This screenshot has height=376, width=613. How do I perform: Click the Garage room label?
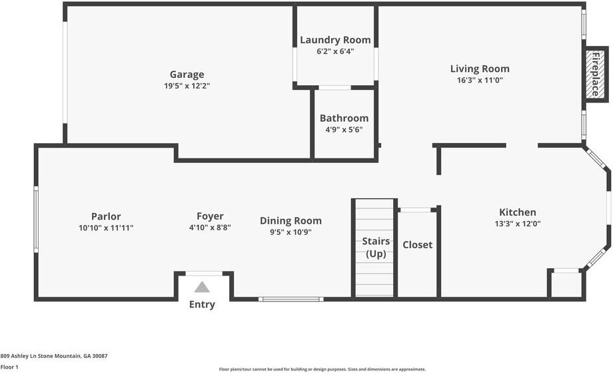pos(187,75)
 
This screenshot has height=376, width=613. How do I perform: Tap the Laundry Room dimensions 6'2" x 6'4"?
pos(335,51)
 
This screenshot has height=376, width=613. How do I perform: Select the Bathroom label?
pos(344,118)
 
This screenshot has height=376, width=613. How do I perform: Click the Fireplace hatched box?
pos(596,74)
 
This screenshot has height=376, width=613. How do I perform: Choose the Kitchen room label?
pos(518,212)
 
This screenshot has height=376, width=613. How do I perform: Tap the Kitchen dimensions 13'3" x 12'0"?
pos(518,224)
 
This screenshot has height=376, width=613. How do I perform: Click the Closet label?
pos(418,245)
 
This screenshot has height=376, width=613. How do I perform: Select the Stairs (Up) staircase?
pos(374,248)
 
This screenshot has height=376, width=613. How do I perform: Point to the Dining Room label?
pos(291,221)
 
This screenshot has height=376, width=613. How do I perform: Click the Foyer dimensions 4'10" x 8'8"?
pos(210,227)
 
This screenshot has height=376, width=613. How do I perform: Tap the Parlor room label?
pos(106,216)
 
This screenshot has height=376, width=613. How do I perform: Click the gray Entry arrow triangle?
pos(202,287)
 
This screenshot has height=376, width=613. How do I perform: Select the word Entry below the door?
pos(202,304)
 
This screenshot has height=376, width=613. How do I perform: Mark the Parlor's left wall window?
pos(36,219)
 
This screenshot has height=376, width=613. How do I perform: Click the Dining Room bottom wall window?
pos(291,299)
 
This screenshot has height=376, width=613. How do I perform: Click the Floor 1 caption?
pos(9,367)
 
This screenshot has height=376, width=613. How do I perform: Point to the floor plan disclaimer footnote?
pos(322,369)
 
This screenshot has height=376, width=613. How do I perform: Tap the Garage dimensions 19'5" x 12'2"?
pos(187,86)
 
